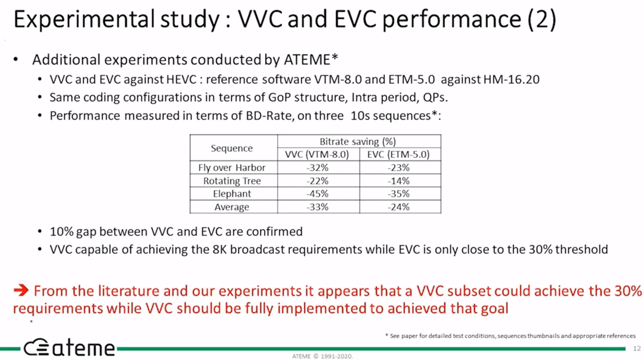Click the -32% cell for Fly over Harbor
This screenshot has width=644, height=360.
tap(317, 167)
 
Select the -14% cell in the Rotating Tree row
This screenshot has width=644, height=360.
tap(398, 181)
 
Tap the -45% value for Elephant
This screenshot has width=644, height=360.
tap(317, 194)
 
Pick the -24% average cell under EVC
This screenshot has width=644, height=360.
tap(398, 207)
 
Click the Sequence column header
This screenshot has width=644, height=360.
tap(231, 148)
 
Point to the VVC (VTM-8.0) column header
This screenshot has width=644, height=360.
tap(317, 154)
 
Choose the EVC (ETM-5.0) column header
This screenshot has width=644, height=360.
tap(398, 154)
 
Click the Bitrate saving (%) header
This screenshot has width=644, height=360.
tap(358, 142)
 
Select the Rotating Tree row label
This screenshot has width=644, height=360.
tap(232, 181)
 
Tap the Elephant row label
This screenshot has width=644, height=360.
tap(232, 194)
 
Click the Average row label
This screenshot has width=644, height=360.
tap(231, 207)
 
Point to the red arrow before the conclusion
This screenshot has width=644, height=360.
tap(21, 291)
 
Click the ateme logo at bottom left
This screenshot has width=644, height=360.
tap(69, 347)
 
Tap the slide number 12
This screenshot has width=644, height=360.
tap(637, 349)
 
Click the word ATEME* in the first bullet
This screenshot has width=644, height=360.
tap(311, 60)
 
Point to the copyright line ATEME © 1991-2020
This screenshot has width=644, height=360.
tap(323, 356)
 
